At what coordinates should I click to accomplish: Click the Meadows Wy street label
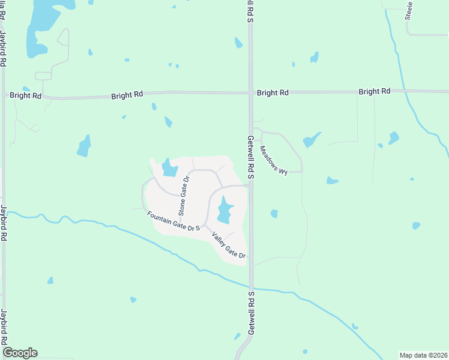tap(274, 161)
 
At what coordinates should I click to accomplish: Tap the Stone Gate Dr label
tap(184, 196)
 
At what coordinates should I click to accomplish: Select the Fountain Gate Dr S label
tap(173, 221)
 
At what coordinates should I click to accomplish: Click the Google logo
tap(20, 353)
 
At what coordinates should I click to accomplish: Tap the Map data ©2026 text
tap(423, 355)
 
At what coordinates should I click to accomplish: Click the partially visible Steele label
tap(409, 11)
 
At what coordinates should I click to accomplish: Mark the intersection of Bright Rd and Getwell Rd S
tap(251, 92)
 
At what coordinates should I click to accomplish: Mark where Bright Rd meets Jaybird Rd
tap(4, 95)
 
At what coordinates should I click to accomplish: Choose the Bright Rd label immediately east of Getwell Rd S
tap(273, 93)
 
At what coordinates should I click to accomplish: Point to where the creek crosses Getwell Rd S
tap(252, 287)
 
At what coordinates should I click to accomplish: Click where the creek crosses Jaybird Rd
tap(4, 211)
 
